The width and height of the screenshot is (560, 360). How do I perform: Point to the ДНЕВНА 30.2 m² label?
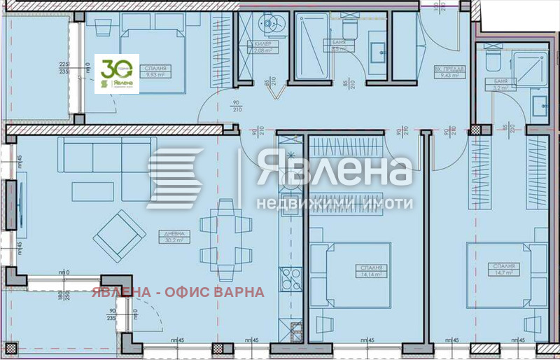175,237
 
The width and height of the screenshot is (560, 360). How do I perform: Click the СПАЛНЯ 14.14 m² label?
372,271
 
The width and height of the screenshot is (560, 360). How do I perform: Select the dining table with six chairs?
225,230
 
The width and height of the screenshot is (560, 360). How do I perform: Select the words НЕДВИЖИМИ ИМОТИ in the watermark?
335,203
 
